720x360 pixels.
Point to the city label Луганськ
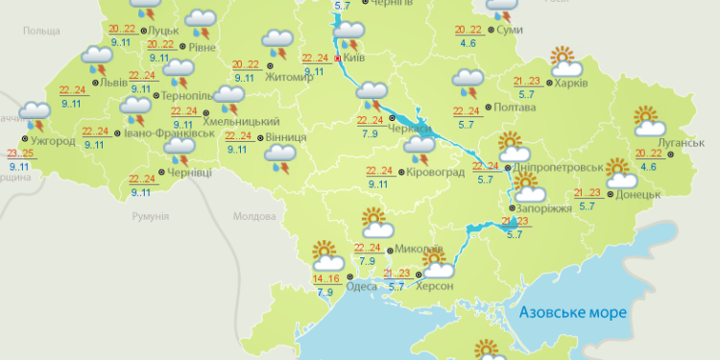(x=684, y=143)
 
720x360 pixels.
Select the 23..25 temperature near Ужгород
(x=20, y=154)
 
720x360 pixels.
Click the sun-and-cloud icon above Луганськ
(x=650, y=121)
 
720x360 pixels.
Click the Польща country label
(x=41, y=32)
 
